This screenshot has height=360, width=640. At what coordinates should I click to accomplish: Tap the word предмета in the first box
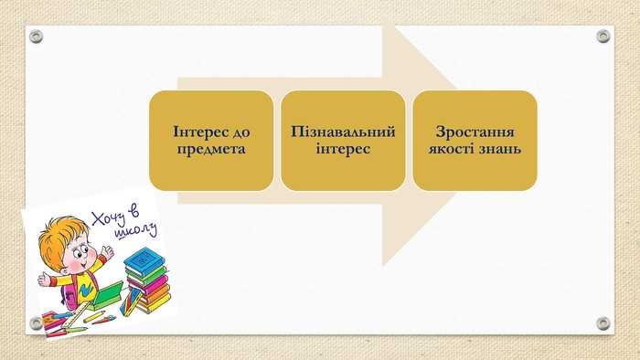[x=211, y=148]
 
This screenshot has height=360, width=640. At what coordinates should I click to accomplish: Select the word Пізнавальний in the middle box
[x=343, y=132]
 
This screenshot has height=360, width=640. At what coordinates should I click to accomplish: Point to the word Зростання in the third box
[x=475, y=132]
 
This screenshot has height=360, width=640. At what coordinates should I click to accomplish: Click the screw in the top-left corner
[x=36, y=37]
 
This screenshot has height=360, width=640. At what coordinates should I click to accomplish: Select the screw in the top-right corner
[x=603, y=37]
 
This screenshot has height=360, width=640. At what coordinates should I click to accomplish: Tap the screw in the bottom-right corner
[x=603, y=323]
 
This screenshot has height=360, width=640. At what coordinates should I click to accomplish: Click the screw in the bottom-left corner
[x=36, y=323]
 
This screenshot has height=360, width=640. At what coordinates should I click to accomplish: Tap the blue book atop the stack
[x=142, y=260]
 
